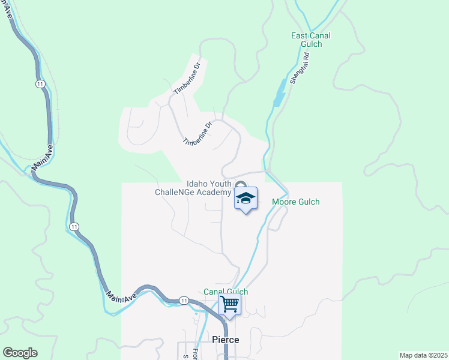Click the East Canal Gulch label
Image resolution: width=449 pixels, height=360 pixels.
(310, 40)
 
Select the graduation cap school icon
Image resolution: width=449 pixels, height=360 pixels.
(245, 199)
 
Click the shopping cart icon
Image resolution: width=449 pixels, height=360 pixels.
(229, 304)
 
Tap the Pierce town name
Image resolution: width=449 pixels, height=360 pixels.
(226, 340)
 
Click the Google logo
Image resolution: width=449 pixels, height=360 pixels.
(20, 353)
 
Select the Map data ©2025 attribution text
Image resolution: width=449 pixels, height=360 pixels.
(423, 355)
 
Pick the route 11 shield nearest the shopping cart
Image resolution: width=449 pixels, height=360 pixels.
(184, 300)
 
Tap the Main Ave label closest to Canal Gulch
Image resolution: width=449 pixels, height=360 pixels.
(121, 292)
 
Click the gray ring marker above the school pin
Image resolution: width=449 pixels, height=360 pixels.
(241, 185)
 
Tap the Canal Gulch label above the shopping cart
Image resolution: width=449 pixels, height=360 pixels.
(226, 292)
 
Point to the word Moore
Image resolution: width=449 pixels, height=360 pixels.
(285, 202)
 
